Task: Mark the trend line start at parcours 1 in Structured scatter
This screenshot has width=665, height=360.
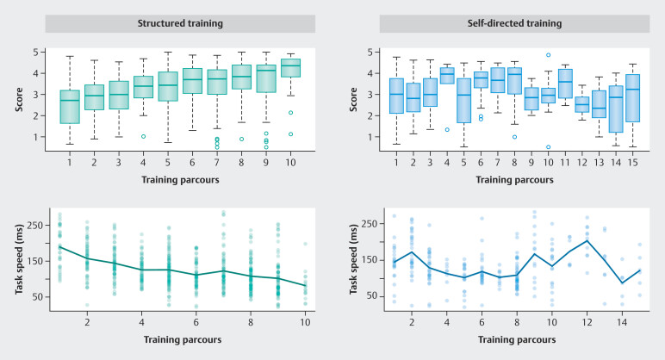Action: [60, 246]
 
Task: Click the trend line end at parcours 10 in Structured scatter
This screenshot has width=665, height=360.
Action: [304, 285]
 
